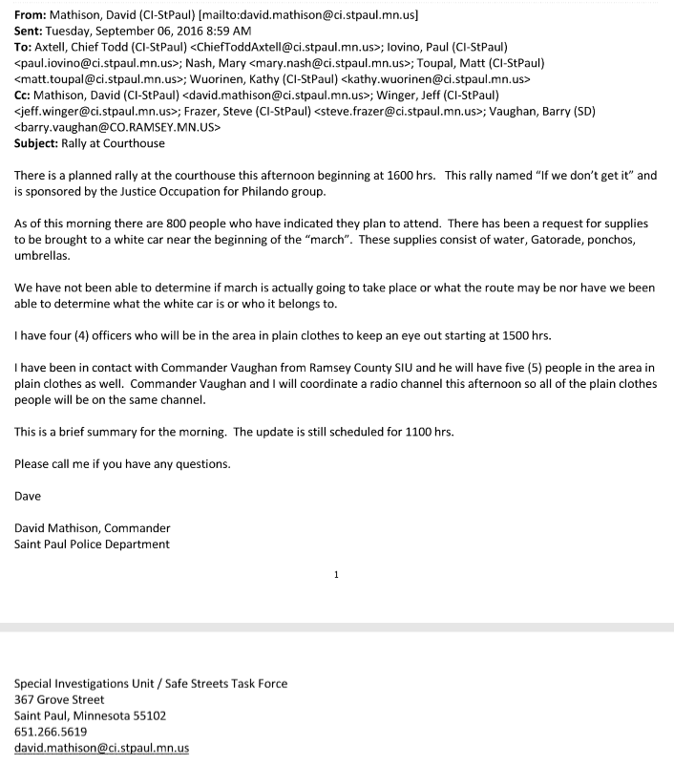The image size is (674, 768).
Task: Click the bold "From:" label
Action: pos(32,14)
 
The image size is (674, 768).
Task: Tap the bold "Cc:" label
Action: pos(24,95)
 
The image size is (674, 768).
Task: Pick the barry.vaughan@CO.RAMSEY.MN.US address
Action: pos(117,127)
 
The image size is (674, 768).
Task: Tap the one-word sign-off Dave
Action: pos(29,496)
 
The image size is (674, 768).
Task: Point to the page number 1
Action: pos(336,575)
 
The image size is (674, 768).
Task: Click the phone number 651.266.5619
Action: pos(54,731)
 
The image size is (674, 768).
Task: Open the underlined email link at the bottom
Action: pos(101,747)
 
